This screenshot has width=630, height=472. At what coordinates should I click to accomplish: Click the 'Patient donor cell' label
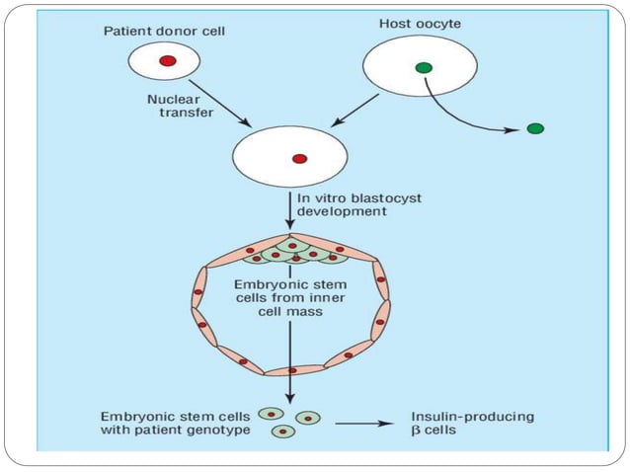tap(166, 31)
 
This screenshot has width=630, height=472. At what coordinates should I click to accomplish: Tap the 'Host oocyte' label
tap(421, 22)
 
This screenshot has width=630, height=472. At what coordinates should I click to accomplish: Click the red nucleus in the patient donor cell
tap(167, 61)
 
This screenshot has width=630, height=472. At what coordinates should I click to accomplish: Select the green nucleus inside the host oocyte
tap(424, 67)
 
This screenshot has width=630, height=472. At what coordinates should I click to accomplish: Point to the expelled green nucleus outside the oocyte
tap(534, 128)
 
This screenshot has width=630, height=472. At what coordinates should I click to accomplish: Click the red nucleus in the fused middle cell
tap(299, 158)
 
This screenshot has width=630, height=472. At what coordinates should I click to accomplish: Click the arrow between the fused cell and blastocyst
tap(289, 212)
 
